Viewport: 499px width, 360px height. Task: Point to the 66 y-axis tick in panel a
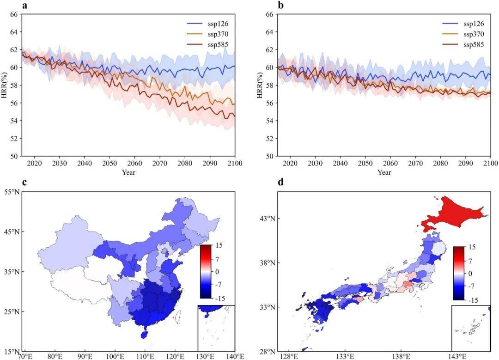[x=13, y=14]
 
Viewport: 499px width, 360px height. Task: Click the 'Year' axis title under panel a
[x=128, y=172]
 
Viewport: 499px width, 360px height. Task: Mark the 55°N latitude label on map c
[x=12, y=191]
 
